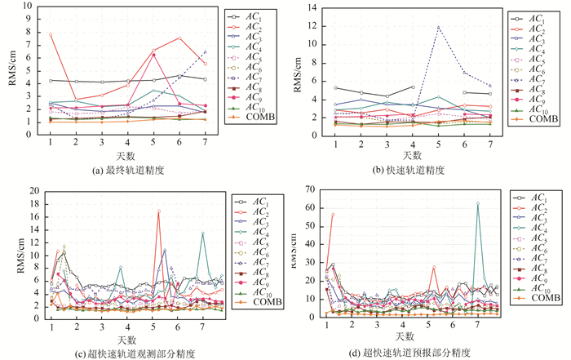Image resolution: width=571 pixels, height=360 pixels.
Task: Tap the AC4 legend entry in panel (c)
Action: click(255, 233)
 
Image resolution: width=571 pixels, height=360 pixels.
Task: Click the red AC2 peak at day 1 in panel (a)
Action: click(51, 34)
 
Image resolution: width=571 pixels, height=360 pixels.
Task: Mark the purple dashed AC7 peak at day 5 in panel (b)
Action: click(438, 27)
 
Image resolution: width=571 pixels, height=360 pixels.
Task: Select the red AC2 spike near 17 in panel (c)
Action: click(158, 211)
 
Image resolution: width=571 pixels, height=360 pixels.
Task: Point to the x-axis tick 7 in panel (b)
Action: click(489, 144)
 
